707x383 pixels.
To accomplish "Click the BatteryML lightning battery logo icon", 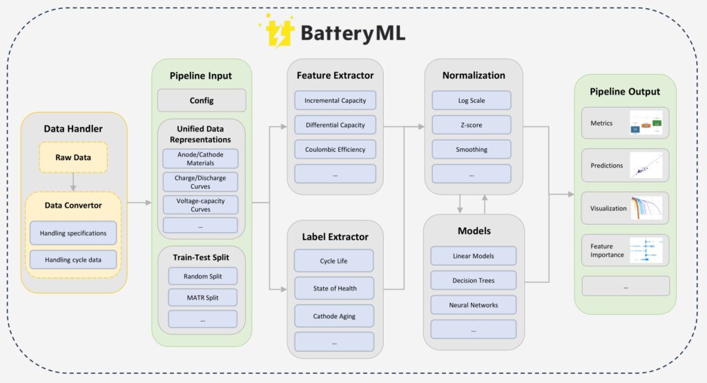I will (277, 32).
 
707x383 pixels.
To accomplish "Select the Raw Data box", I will (73, 157).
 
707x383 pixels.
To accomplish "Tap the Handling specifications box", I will (73, 233).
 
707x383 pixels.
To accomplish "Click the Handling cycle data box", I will (73, 259).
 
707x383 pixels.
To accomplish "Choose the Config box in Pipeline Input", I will (202, 100).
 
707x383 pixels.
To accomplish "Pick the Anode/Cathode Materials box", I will (200, 159).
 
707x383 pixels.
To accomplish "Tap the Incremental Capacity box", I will (335, 101).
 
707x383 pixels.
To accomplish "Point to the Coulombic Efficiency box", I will (335, 149).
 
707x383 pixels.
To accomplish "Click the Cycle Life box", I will (334, 261).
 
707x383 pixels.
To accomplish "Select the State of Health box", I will (334, 288).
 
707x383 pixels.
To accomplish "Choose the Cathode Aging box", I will (334, 315).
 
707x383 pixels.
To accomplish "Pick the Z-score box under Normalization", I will (472, 125).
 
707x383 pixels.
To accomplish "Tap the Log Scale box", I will (472, 101).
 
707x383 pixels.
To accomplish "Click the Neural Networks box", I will (474, 305).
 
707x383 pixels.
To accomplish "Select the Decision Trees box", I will (474, 281).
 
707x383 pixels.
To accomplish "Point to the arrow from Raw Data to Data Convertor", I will (73, 181).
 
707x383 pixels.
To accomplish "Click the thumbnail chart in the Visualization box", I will (646, 208).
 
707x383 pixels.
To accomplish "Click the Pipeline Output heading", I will (625, 91).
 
